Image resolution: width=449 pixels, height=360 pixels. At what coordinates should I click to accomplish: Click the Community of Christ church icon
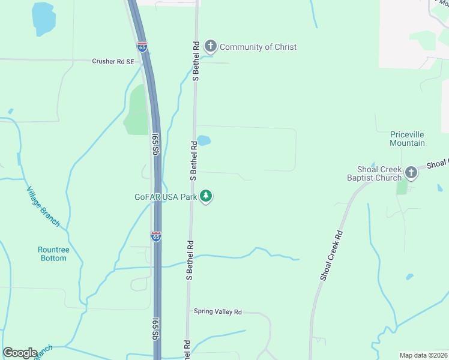click(x=210, y=46)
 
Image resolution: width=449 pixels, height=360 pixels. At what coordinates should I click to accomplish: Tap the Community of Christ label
click(x=258, y=47)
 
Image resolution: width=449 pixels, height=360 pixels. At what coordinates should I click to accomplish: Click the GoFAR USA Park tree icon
click(x=206, y=196)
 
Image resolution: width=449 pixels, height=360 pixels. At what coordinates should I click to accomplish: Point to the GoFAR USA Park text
click(x=166, y=196)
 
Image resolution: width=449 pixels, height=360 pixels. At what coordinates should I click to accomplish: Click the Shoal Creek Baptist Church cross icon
click(x=411, y=173)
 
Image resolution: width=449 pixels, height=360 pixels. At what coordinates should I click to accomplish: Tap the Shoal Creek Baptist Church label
click(x=375, y=173)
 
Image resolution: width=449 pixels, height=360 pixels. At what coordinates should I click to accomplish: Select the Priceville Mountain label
click(x=407, y=139)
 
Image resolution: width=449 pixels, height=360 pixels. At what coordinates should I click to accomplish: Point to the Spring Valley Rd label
click(x=217, y=312)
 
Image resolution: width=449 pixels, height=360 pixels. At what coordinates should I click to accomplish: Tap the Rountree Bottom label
click(x=53, y=254)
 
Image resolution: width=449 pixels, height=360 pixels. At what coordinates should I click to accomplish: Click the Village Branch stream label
click(x=43, y=206)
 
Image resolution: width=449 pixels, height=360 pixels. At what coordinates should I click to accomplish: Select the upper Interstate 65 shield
click(x=142, y=47)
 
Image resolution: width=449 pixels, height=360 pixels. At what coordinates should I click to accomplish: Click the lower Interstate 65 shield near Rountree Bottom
click(x=156, y=236)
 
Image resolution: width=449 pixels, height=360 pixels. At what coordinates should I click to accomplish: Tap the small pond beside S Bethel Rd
click(x=204, y=141)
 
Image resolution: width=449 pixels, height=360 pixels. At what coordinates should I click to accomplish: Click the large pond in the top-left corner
click(x=43, y=18)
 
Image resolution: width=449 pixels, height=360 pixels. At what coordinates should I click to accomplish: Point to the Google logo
click(x=20, y=353)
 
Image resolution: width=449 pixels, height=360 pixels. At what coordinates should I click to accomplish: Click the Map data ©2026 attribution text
click(x=423, y=355)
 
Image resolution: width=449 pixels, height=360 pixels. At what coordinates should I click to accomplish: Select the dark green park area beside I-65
click(x=137, y=111)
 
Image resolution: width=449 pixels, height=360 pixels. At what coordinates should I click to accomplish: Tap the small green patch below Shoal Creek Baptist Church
click(x=402, y=187)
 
